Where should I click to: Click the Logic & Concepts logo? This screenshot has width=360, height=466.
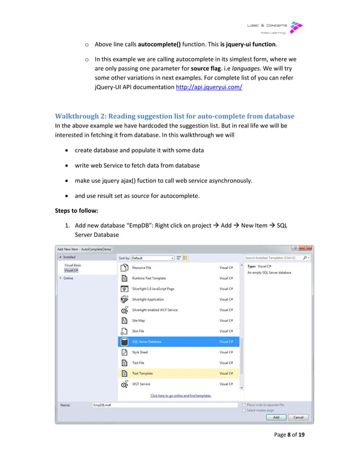point(275,28)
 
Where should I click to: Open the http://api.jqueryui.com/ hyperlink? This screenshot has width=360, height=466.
point(209,87)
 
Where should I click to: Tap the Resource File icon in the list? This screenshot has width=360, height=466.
point(125,268)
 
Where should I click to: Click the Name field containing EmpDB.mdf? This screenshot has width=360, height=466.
point(164,405)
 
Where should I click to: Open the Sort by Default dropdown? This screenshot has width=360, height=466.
point(152,258)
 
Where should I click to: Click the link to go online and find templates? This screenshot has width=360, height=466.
point(181,395)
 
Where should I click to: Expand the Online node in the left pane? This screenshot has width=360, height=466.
point(62,278)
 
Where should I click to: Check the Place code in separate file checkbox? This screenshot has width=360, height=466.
point(244,405)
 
